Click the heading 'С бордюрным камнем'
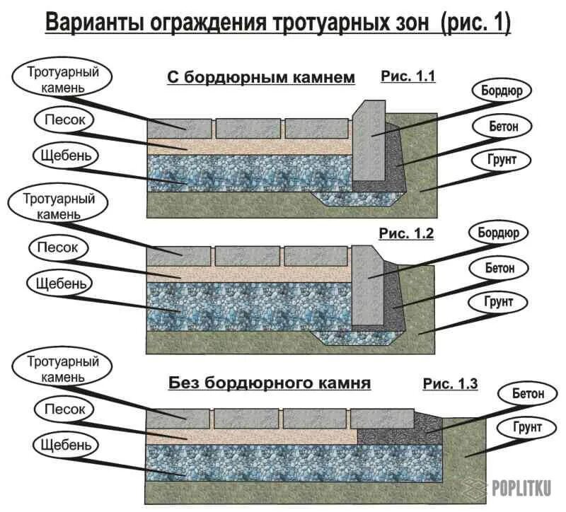pyautogui.click(x=260, y=78)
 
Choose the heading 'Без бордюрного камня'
pyautogui.click(x=270, y=384)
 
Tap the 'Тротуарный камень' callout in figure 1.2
pyautogui.click(x=59, y=205)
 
